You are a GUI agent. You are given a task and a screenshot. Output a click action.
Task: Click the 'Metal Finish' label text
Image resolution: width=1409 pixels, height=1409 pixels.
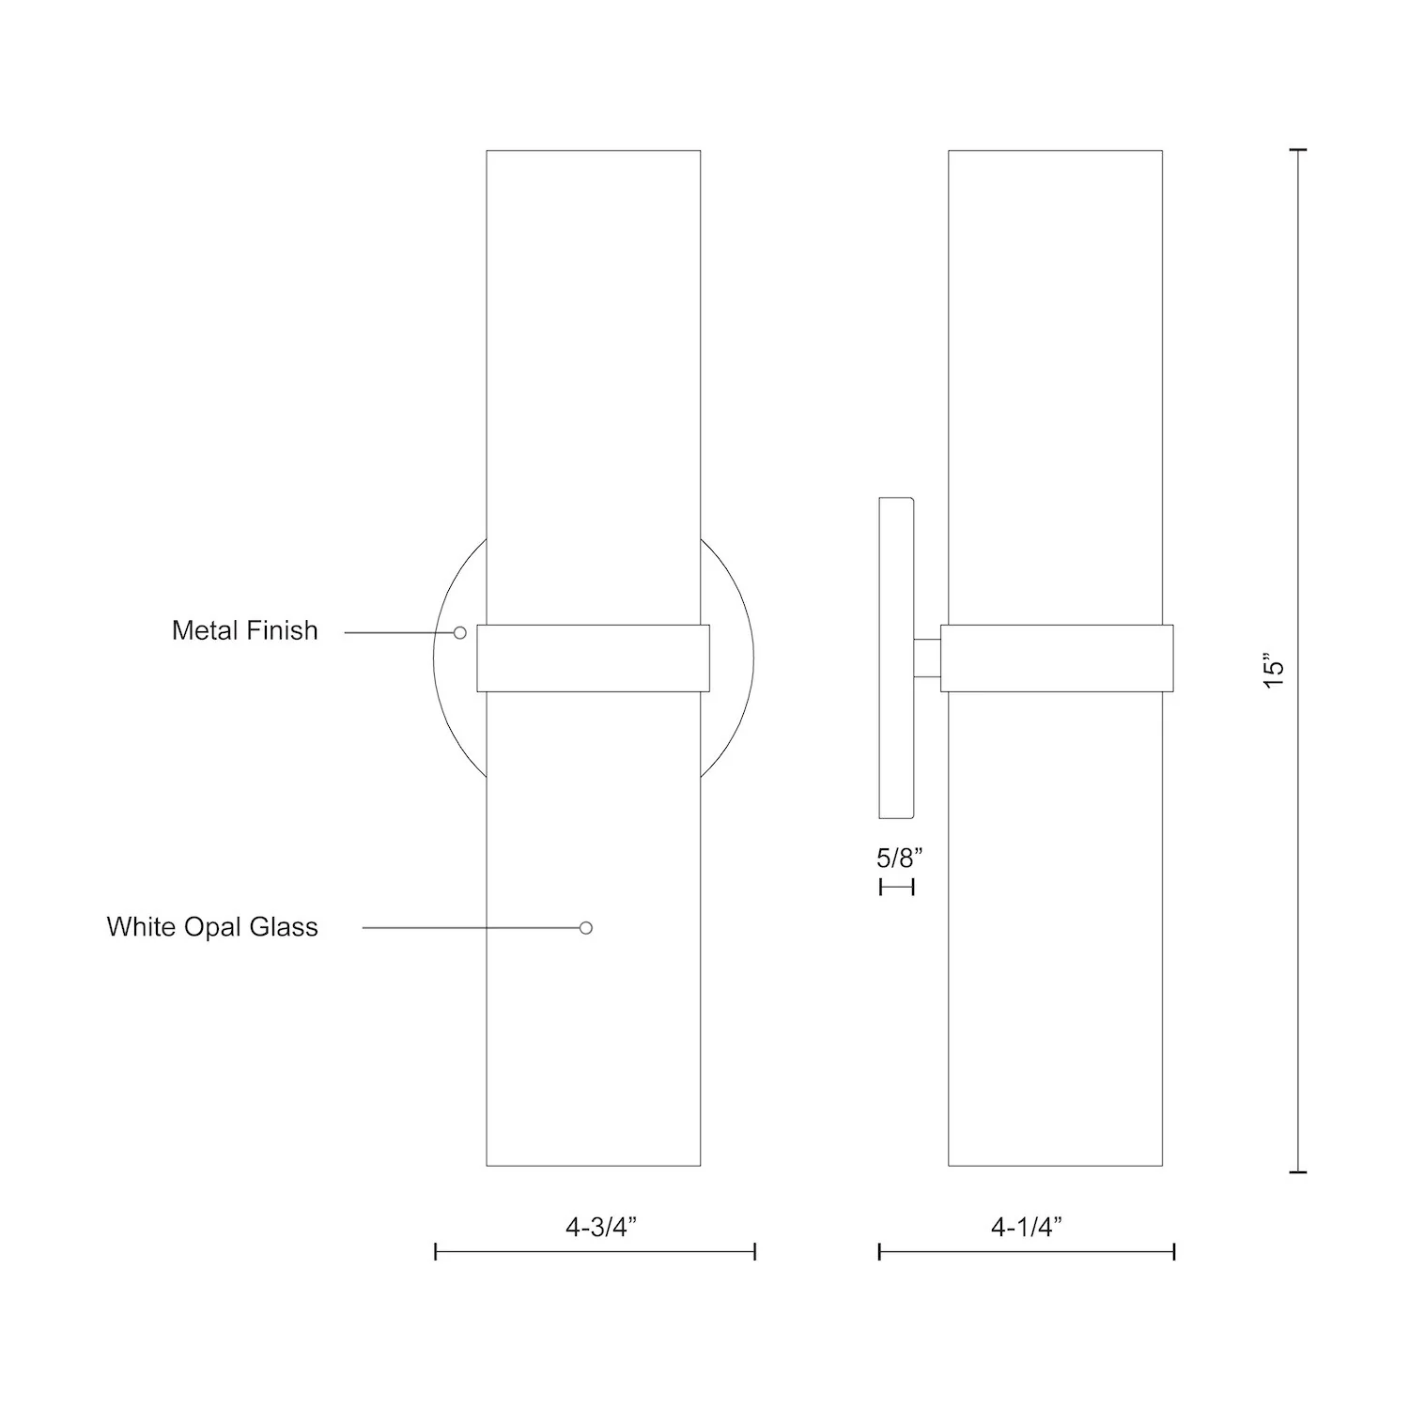coord(245,630)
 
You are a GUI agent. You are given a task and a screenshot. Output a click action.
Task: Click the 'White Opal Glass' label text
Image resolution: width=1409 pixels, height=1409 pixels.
coord(212,927)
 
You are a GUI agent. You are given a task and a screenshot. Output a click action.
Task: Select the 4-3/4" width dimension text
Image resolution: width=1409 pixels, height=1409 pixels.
coord(601,1227)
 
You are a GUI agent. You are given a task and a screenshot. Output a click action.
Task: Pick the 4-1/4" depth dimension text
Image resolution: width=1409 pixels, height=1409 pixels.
coord(1027,1227)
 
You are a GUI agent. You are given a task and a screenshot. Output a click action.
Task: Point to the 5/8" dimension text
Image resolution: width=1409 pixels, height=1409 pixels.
coord(900,857)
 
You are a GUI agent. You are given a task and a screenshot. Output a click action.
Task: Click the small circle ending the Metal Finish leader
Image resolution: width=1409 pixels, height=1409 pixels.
coord(460,633)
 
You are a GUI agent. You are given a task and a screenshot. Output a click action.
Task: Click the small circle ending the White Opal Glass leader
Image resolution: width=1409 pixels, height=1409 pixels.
coord(586,928)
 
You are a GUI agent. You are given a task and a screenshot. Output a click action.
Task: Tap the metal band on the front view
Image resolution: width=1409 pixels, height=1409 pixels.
coord(593,658)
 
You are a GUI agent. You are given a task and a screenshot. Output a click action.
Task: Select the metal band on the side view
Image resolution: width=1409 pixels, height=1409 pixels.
coord(1056,658)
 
